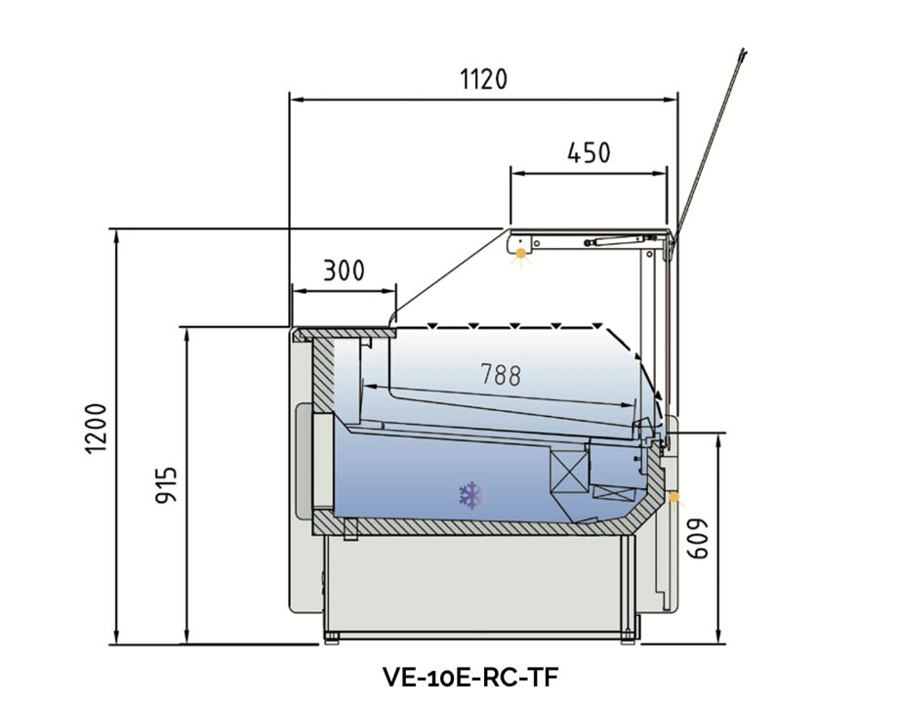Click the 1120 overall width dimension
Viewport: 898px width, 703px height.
pyautogui.click(x=483, y=79)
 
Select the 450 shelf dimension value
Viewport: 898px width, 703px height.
pyautogui.click(x=589, y=153)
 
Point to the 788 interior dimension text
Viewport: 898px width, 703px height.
pyautogui.click(x=500, y=374)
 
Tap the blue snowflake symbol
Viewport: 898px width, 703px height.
pyautogui.click(x=470, y=495)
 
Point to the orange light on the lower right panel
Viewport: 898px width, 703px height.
pyautogui.click(x=675, y=499)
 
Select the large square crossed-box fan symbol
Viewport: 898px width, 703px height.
pyautogui.click(x=567, y=470)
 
